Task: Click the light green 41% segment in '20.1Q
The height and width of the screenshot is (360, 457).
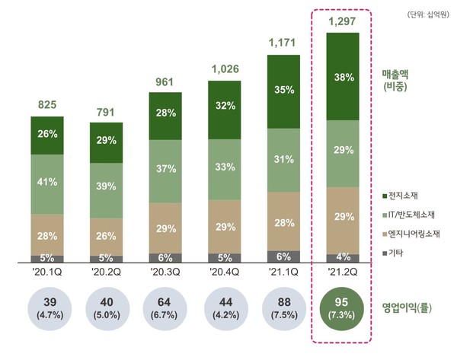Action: pos(46,183)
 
